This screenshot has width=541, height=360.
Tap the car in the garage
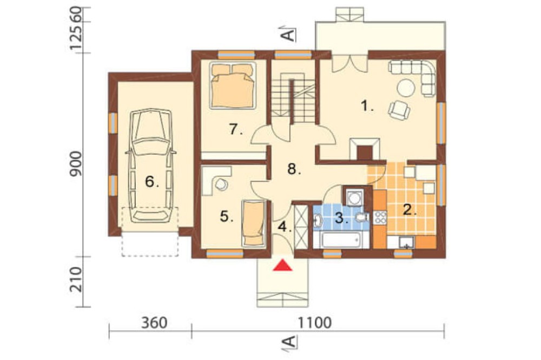click(151, 165)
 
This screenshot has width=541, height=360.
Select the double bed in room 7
click(233, 85)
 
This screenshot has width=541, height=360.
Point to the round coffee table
click(406, 88)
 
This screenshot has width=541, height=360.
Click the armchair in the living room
click(399, 110)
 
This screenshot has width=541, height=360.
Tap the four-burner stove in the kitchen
click(380, 217)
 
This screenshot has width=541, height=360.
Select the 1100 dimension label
click(315, 323)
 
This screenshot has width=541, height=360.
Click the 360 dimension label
click(154, 323)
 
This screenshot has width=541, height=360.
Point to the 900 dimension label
click(76, 164)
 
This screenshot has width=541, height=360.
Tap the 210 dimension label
click(76, 279)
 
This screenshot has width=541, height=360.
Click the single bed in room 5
click(254, 223)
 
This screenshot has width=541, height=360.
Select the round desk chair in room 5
click(221, 184)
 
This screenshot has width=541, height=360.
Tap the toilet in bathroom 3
click(361, 217)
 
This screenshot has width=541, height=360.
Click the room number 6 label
click(152, 181)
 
